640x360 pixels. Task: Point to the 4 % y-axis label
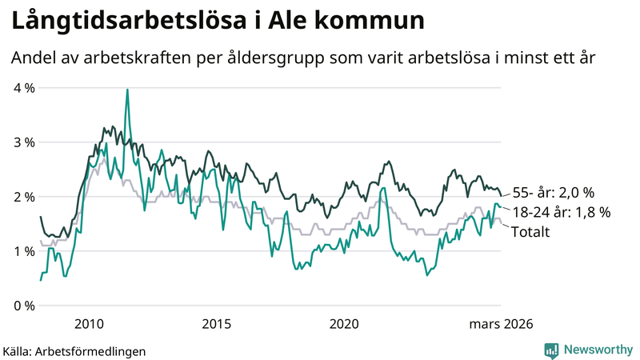pyautogui.click(x=23, y=88)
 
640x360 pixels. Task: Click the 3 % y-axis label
pyautogui.click(x=23, y=142)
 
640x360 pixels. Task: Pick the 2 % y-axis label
pyautogui.click(x=23, y=197)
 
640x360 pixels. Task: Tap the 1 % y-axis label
pyautogui.click(x=23, y=251)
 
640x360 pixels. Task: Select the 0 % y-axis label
pyautogui.click(x=23, y=306)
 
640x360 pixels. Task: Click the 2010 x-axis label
pyautogui.click(x=89, y=323)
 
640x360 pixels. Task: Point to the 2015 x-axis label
pyautogui.click(x=216, y=323)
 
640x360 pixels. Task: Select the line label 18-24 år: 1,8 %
pyautogui.click(x=561, y=212)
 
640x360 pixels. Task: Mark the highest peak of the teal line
pyautogui.click(x=127, y=90)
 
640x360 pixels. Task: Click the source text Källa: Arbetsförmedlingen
pyautogui.click(x=74, y=350)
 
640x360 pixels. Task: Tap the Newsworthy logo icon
pyautogui.click(x=551, y=350)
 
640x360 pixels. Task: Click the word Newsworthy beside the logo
pyautogui.click(x=596, y=350)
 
